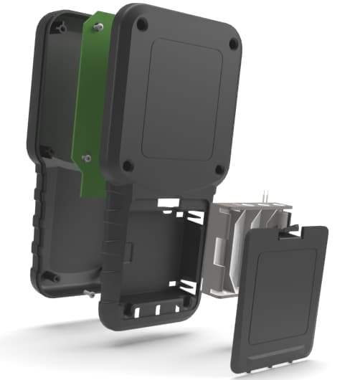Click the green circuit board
coord(90,108)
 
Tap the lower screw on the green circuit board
coord(86,156)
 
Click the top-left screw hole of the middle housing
coord(142,24)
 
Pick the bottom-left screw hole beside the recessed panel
coord(128,166)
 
